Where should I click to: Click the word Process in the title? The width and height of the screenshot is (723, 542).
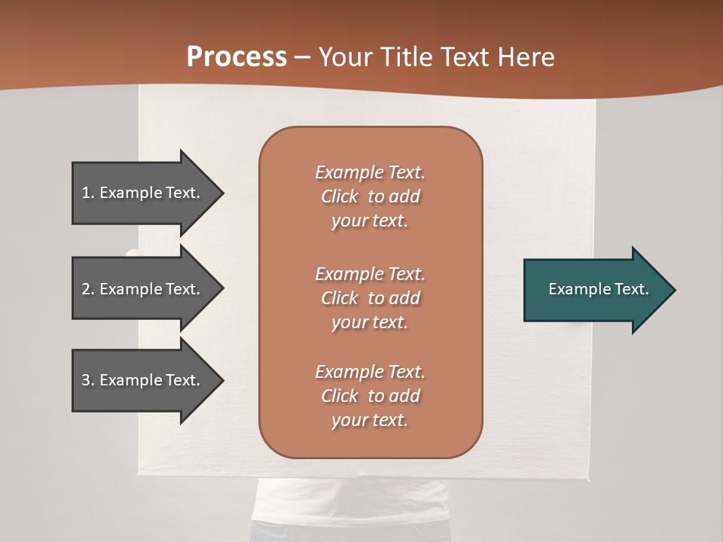(x=236, y=57)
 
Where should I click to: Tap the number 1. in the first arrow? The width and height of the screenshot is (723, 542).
(x=88, y=193)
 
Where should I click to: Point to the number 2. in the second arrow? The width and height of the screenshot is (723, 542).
(x=88, y=289)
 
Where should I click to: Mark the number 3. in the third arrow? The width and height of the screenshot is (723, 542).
(x=88, y=380)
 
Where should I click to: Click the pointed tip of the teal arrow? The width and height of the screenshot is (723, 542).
(x=672, y=290)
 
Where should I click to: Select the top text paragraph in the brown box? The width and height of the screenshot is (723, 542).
(x=370, y=196)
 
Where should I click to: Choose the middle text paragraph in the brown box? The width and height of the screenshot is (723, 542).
(x=370, y=297)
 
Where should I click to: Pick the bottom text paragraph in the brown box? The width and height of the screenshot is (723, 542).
(x=370, y=396)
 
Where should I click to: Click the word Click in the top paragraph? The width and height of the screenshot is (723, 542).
(x=340, y=196)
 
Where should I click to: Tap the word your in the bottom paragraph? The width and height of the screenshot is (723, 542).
(x=346, y=421)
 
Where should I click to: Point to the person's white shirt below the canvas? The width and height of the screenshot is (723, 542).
(x=354, y=504)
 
